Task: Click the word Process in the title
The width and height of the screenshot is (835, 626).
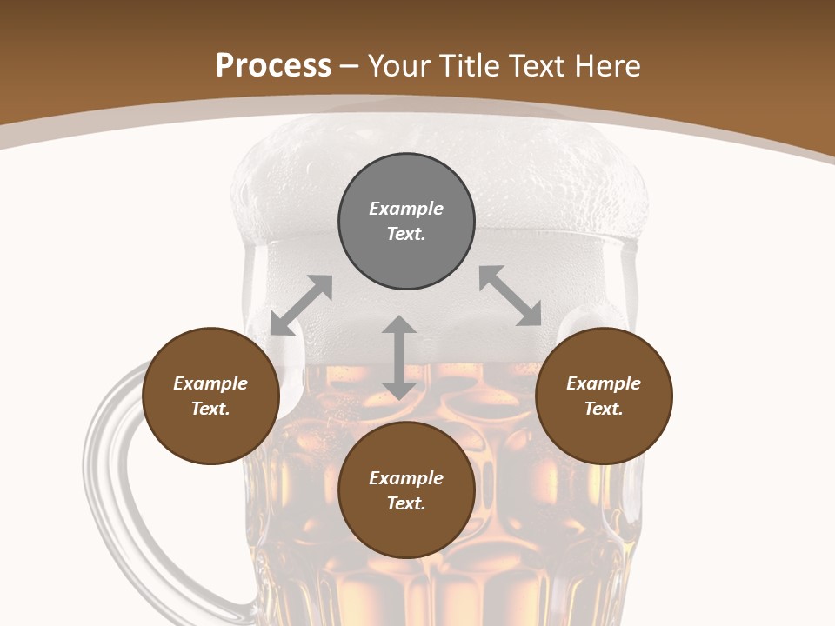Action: tap(273, 66)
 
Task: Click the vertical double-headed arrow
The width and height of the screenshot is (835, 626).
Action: tap(398, 357)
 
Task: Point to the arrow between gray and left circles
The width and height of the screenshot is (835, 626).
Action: tap(301, 305)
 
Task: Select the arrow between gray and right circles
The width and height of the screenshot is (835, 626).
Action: tap(511, 296)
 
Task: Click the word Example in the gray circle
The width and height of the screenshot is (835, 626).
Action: tap(406, 209)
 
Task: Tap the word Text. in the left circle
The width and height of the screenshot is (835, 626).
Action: tap(210, 409)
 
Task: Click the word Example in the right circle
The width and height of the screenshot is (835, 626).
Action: tap(604, 383)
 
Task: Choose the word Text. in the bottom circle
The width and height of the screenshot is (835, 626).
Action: tap(406, 503)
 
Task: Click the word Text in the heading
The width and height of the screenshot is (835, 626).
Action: tap(536, 66)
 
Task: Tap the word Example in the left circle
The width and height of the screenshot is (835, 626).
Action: tap(210, 383)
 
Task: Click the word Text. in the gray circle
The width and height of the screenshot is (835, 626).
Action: tap(406, 234)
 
